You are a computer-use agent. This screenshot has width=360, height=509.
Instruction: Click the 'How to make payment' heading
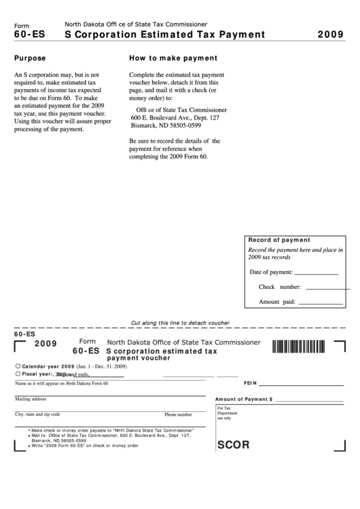(173, 58)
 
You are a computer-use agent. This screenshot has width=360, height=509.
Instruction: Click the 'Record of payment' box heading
(279, 240)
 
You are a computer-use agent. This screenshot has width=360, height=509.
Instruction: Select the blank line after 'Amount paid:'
(321, 302)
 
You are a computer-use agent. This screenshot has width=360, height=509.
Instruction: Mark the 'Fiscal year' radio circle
(17, 373)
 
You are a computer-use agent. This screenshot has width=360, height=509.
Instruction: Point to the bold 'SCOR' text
(233, 446)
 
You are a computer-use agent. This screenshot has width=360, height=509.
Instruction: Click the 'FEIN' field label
(250, 383)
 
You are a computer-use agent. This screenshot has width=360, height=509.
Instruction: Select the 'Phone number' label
(178, 415)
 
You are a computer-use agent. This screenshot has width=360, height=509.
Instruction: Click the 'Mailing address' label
(31, 399)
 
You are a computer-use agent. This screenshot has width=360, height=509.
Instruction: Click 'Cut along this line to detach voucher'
(180, 323)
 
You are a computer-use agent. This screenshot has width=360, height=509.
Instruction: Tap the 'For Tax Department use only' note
(228, 413)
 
